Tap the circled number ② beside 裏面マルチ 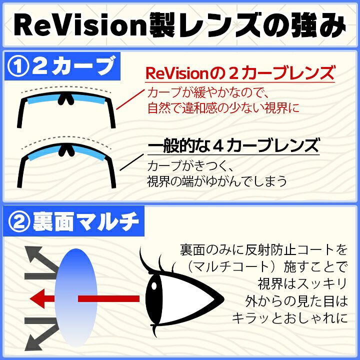[19, 221]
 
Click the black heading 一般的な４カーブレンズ [233, 147]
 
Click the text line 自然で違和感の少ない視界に [223, 107]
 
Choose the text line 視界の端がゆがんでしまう [217, 180]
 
